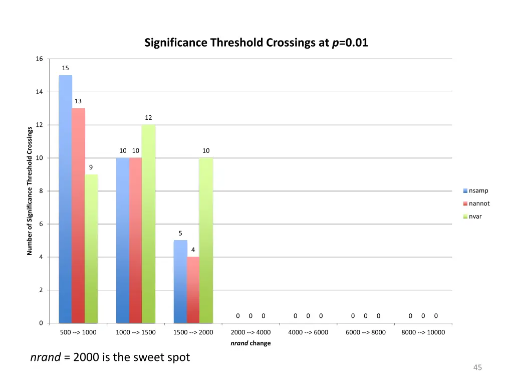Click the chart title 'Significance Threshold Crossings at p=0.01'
[x=256, y=43]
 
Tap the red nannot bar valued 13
[x=78, y=216]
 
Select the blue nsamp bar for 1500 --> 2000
[x=180, y=281]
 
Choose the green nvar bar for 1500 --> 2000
[x=206, y=240]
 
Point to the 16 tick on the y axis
[x=39, y=59]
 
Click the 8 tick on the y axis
[x=41, y=191]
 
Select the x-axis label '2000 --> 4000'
[x=250, y=332]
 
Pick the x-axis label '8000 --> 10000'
[x=423, y=332]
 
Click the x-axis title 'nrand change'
[x=250, y=343]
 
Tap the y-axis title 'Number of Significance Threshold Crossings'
[x=30, y=191]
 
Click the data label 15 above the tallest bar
[x=66, y=68]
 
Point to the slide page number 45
[x=477, y=368]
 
